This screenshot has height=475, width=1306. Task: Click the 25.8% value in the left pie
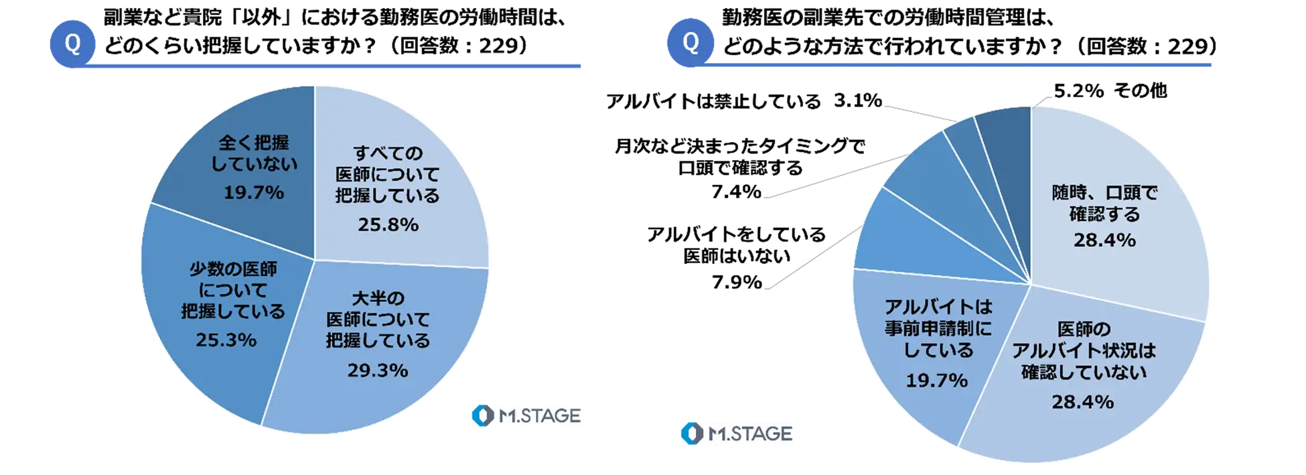point(388,224)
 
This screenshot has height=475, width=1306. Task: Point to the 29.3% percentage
point(377,370)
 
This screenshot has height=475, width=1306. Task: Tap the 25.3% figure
point(226,340)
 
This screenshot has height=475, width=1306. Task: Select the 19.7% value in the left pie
point(253,193)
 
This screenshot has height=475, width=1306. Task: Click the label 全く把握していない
point(254,153)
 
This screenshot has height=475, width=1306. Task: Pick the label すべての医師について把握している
point(387,174)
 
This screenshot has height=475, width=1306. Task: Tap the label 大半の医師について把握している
point(377,320)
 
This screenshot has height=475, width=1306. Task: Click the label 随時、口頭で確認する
point(1104,204)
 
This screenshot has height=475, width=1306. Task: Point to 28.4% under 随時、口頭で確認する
point(1104,240)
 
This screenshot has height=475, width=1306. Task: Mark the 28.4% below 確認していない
point(1082,402)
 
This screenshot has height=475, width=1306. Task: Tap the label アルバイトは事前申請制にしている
point(938,328)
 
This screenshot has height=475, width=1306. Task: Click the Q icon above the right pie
point(691,43)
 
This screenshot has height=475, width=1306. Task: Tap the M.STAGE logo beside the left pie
point(525,415)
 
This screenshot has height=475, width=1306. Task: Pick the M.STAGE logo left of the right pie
point(739,434)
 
